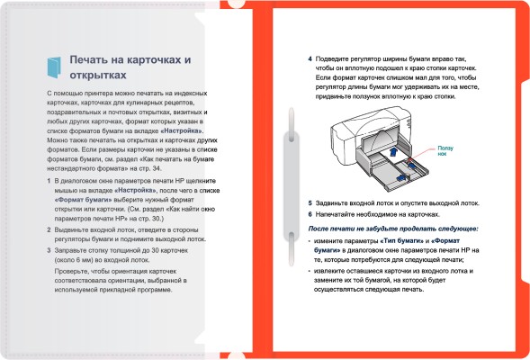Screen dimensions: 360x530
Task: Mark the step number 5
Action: pyautogui.click(x=310, y=203)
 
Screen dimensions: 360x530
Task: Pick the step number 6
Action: pyautogui.click(x=310, y=215)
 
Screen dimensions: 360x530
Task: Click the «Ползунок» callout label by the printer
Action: pyautogui.click(x=446, y=150)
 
